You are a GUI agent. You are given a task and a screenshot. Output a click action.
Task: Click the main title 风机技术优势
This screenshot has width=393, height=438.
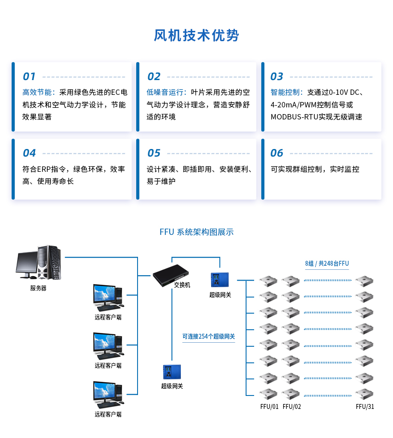click(x=196, y=35)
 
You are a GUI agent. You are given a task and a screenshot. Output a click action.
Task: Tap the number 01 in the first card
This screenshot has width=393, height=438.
click(x=29, y=77)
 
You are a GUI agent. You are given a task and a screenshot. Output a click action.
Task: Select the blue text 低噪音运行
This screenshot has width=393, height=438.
click(x=166, y=93)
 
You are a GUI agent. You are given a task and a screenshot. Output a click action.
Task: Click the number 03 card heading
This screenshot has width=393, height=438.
click(x=277, y=77)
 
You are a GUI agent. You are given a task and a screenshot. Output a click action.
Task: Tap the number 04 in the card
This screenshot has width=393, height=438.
click(x=29, y=153)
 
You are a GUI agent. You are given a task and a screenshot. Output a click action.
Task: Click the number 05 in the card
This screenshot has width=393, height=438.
click(x=154, y=153)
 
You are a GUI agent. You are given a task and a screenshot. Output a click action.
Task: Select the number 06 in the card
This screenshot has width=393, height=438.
click(x=277, y=153)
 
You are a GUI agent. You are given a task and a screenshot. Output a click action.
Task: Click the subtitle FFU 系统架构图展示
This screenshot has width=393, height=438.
click(x=196, y=232)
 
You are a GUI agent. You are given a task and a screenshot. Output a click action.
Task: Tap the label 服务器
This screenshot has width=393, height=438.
click(x=38, y=288)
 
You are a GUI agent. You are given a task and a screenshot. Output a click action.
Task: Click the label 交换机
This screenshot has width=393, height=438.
click(x=182, y=285)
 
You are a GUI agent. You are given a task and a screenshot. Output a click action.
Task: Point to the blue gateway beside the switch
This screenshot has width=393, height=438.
click(x=220, y=280)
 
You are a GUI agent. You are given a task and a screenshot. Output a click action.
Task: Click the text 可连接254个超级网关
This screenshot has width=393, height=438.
click(x=209, y=336)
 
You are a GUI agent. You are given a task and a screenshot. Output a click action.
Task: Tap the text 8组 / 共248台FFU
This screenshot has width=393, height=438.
click(x=327, y=264)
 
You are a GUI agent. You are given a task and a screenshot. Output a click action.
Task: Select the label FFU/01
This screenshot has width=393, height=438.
click(x=269, y=407)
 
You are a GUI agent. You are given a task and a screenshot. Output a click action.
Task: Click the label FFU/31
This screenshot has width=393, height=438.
click(x=365, y=407)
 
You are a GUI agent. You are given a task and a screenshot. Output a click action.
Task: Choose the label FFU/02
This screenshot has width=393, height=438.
click(x=292, y=407)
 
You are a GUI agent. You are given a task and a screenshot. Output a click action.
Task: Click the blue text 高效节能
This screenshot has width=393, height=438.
click(x=38, y=93)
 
